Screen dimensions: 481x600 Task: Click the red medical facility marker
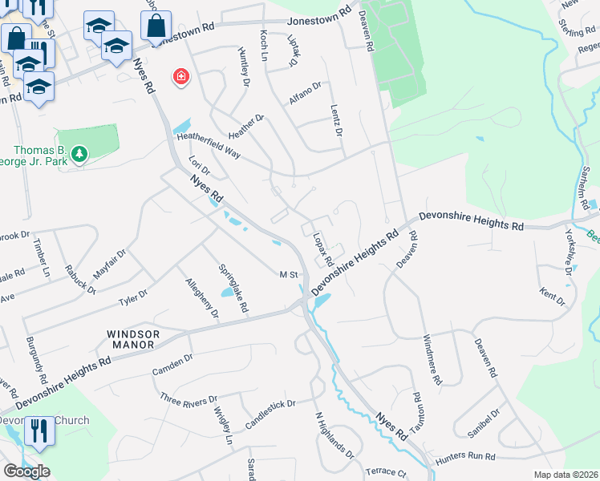tap(182, 77)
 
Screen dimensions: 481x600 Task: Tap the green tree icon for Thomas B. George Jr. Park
tap(79, 153)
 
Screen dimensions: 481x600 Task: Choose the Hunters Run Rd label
tap(466, 457)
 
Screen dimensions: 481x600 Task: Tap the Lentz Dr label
tap(337, 119)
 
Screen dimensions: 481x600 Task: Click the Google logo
tap(26, 471)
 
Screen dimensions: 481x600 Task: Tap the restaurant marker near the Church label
tap(39, 430)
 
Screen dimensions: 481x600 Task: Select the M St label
tap(289, 275)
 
